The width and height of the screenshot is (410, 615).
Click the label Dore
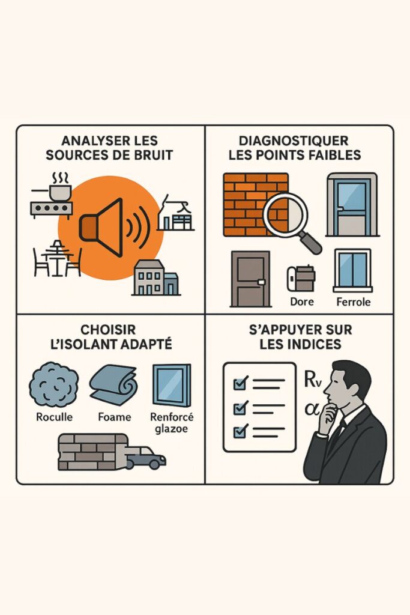tap(302, 301)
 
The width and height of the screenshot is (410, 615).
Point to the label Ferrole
tap(353, 302)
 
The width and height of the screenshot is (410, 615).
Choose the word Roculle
tap(54, 417)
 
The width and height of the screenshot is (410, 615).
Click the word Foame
tap(115, 417)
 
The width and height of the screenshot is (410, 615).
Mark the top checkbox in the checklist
tap(240, 383)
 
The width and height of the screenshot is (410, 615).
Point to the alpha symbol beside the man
tap(312, 409)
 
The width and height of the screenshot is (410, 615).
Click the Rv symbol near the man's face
tap(312, 380)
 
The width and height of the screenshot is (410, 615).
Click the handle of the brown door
tap(261, 281)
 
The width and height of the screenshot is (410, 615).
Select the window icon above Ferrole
tap(352, 270)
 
